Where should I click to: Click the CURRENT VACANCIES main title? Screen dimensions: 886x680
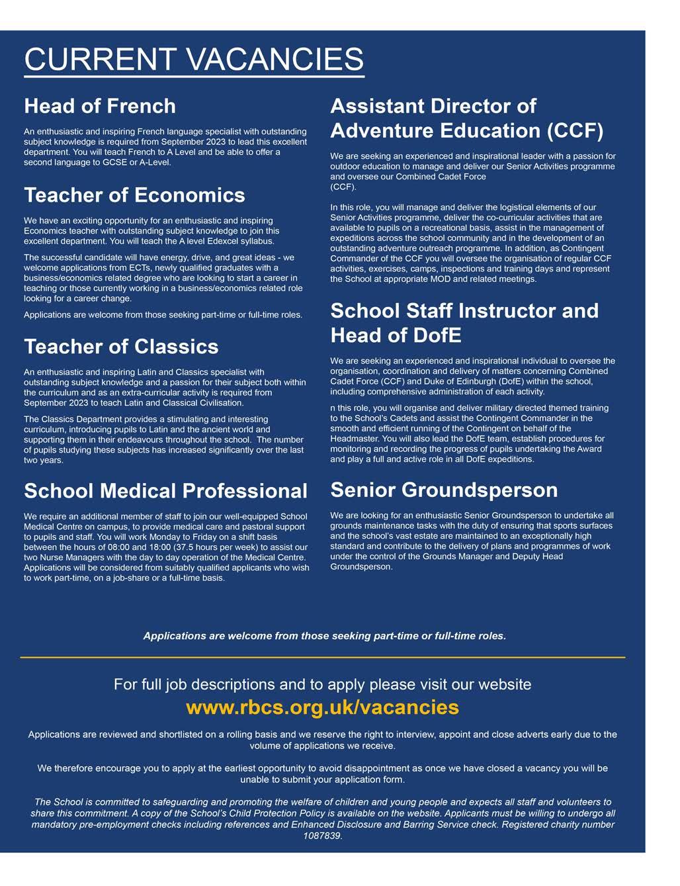coord(194,59)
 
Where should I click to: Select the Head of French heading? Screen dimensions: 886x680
coord(100,106)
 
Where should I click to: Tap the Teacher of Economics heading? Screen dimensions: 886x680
coord(134,195)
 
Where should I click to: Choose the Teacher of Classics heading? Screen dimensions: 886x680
coord(121,347)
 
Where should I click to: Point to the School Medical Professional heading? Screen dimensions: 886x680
coord(165,491)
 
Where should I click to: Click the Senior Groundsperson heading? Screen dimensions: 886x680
coord(444,490)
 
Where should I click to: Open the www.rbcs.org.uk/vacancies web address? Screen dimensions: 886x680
coord(322,707)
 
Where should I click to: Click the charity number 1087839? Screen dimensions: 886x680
coord(322,836)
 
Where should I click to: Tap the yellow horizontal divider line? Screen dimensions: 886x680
coord(322,657)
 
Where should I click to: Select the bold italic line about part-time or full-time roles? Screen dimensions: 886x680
coord(324,636)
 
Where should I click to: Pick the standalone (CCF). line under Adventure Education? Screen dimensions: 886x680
coord(343,187)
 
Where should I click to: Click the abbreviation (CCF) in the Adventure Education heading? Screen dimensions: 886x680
coord(575,130)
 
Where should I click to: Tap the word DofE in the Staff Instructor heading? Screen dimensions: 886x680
coord(433,335)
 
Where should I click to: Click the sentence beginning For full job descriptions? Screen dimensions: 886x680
coord(322,684)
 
